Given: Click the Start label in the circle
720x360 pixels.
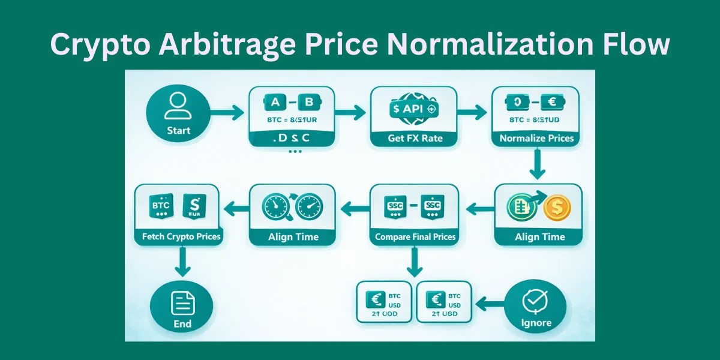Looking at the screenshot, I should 179,130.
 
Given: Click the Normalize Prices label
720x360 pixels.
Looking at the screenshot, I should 536,139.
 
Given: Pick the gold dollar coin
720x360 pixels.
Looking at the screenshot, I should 557,208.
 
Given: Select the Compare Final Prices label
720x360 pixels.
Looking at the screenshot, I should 415,237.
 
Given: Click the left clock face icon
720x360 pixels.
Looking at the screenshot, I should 274,208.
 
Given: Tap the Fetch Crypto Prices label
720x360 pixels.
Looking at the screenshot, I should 182,236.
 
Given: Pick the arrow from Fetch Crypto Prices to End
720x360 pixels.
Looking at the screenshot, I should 182,263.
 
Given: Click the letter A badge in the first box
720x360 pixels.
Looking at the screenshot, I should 275,103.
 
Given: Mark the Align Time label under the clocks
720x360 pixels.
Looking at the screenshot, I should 294,237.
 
